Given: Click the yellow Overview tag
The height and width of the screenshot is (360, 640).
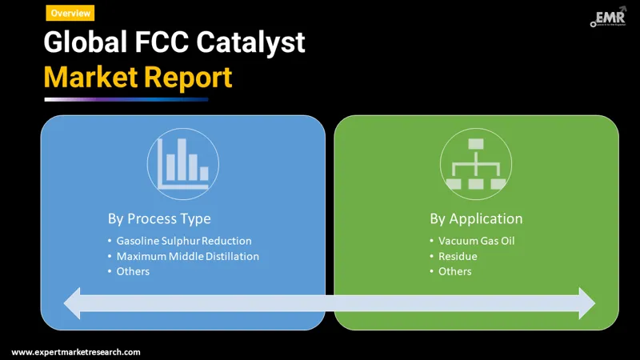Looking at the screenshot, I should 70,13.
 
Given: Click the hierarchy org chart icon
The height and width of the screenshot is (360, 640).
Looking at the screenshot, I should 475,163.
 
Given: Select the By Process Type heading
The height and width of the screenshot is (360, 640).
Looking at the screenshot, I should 159,218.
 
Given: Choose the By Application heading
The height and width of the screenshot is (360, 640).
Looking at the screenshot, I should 476,218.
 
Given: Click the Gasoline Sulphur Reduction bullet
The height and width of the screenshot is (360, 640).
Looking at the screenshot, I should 183,241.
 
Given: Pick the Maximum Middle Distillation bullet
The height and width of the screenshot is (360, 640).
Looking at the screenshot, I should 187,256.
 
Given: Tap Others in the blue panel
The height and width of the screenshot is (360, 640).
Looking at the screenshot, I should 133,271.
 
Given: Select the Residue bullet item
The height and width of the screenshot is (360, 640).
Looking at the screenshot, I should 458,256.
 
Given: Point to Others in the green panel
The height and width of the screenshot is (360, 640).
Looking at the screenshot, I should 454,271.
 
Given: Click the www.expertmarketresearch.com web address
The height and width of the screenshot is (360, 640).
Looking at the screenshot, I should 76,352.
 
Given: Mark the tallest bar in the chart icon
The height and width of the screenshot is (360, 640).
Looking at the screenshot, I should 182,160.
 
